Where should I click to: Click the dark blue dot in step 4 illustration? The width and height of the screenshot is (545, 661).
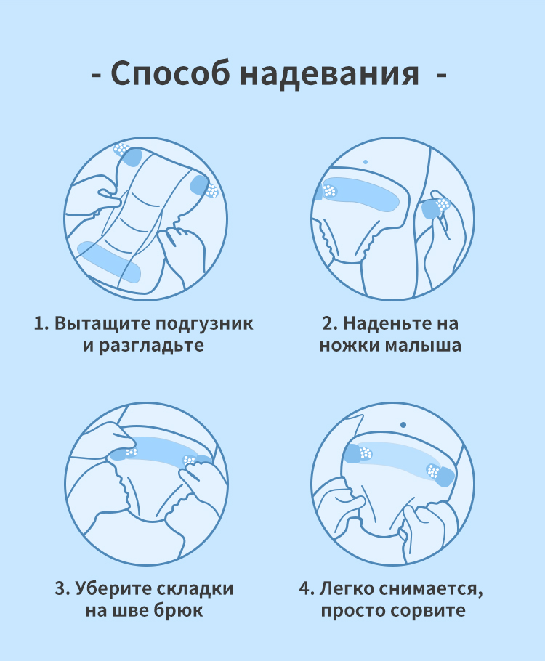tap(403, 424)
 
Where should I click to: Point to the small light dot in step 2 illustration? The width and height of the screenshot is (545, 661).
tap(366, 161)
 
